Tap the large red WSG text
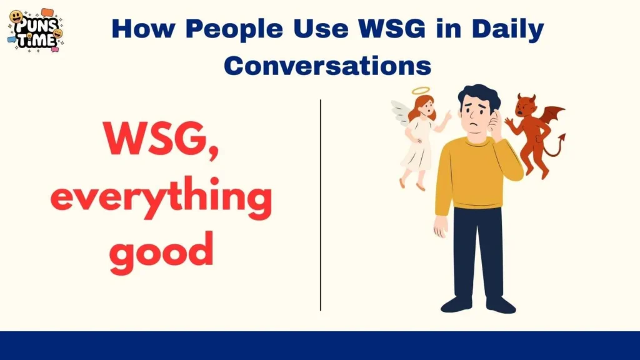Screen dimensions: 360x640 click(161, 139)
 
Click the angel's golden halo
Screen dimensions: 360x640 click(422, 91)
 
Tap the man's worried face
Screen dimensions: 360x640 click(476, 116)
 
